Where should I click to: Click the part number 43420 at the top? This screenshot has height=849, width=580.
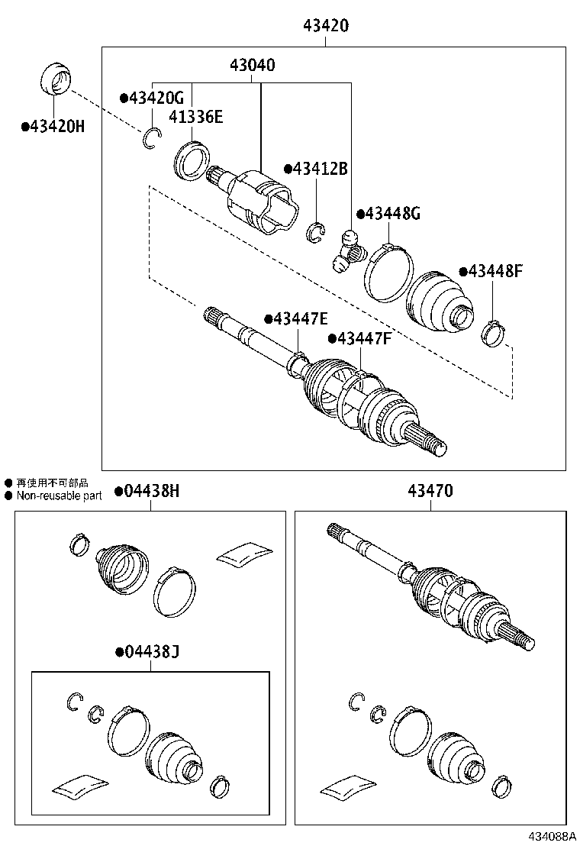(326, 25)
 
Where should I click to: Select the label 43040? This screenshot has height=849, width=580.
(253, 66)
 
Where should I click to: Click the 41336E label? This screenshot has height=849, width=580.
(196, 116)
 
